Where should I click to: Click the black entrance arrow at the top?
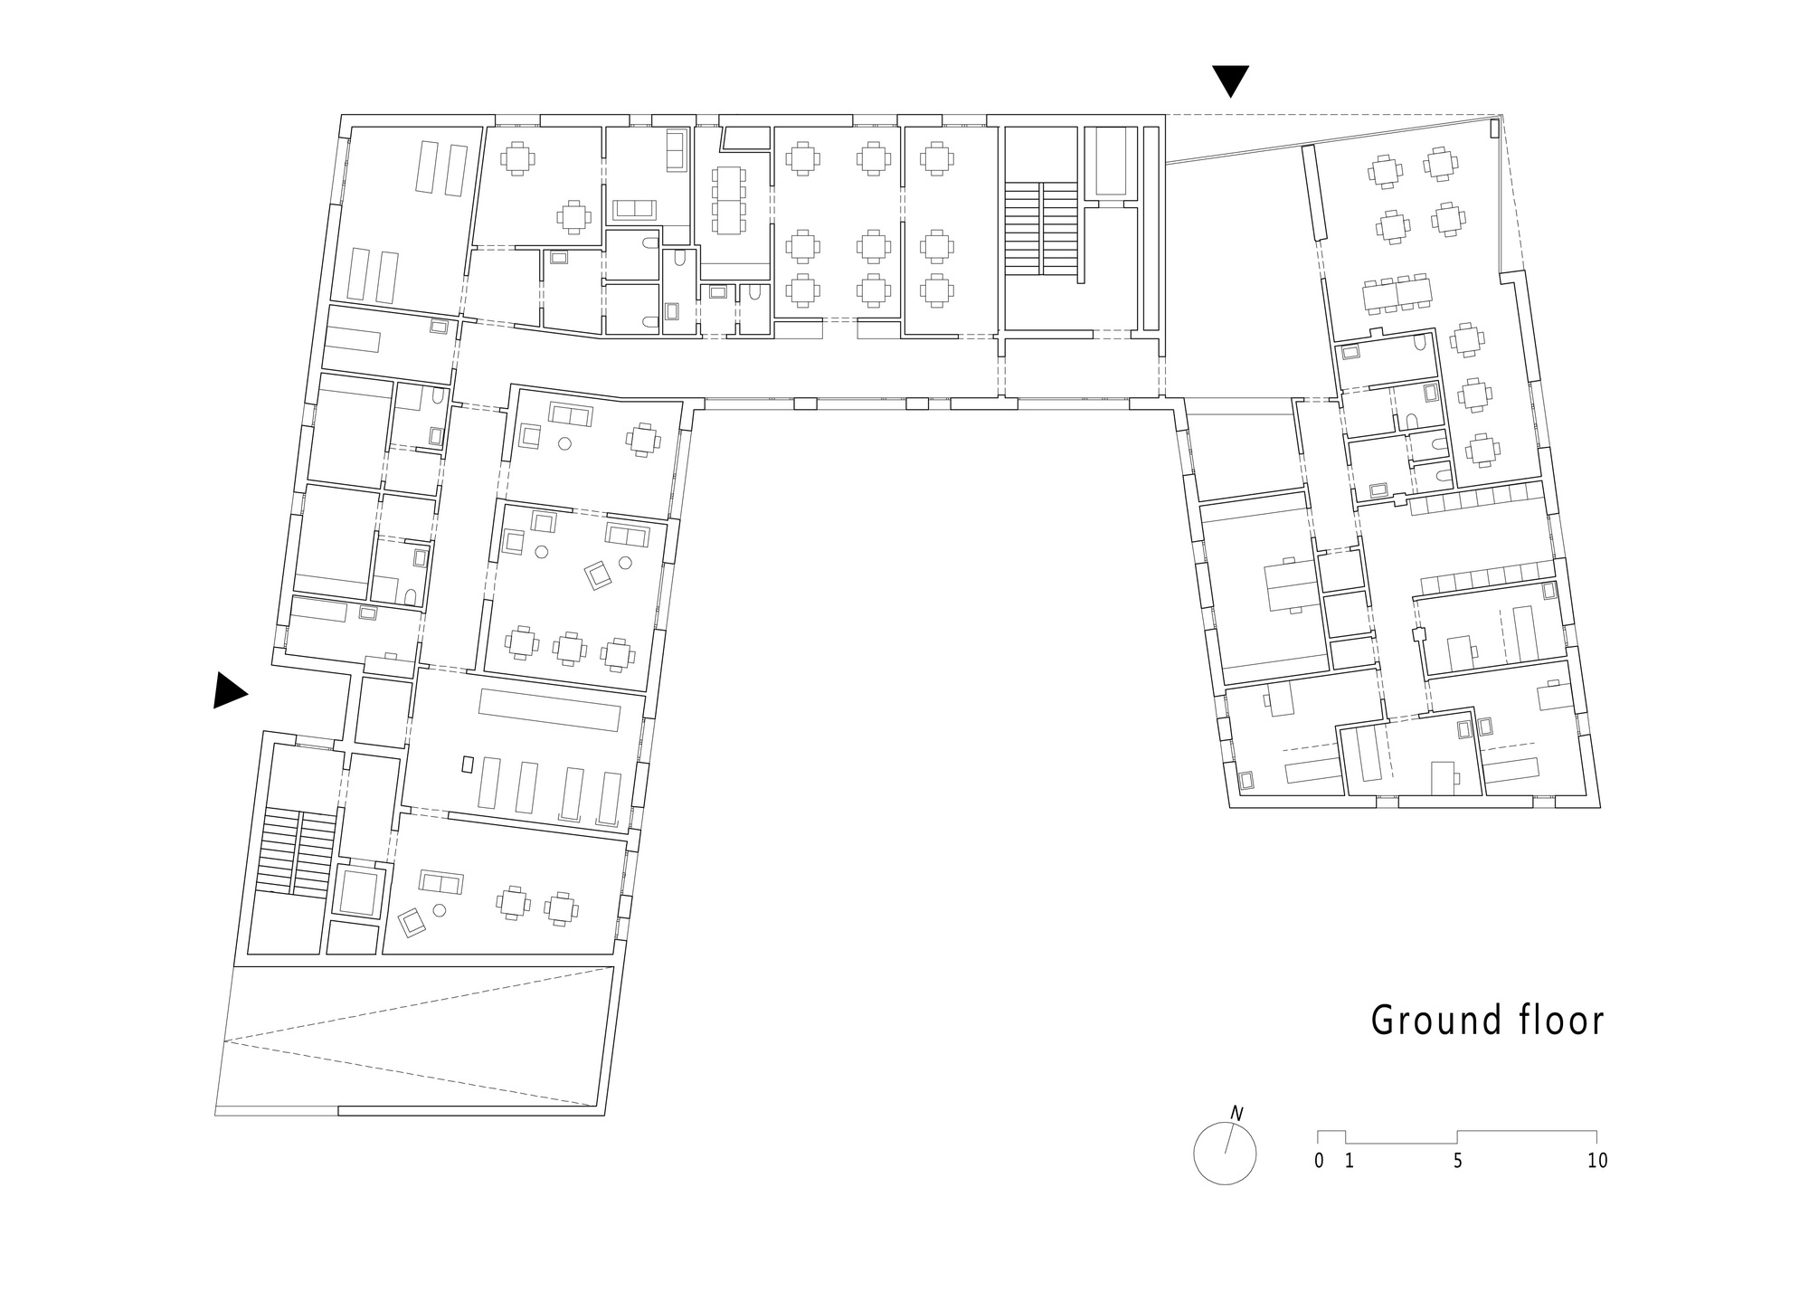click(x=1230, y=80)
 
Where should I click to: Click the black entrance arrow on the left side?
click(x=228, y=690)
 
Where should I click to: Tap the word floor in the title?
click(x=1558, y=1020)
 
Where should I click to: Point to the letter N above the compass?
click(x=1236, y=1113)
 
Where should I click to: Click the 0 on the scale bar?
click(x=1320, y=1161)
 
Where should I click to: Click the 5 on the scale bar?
click(x=1457, y=1161)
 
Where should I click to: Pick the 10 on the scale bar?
click(x=1597, y=1161)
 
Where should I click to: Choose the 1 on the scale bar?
click(x=1349, y=1161)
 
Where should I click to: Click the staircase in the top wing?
click(x=1041, y=228)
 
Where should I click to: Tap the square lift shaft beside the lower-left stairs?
click(x=359, y=891)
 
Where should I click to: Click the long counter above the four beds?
click(x=550, y=709)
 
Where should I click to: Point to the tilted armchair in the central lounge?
click(x=598, y=575)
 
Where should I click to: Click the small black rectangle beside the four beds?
click(x=468, y=764)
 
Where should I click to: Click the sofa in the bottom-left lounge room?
click(x=441, y=881)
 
